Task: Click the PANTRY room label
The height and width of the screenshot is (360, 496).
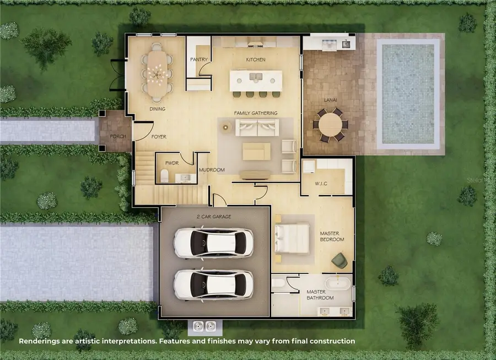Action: pyautogui.click(x=198, y=59)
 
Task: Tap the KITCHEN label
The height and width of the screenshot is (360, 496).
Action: pyautogui.click(x=255, y=60)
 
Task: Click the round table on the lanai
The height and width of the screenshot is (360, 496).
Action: pyautogui.click(x=330, y=124)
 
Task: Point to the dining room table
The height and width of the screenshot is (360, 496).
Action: pyautogui.click(x=158, y=72)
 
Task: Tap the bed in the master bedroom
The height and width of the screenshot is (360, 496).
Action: pyautogui.click(x=292, y=239)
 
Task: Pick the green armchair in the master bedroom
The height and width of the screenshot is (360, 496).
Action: pyautogui.click(x=341, y=260)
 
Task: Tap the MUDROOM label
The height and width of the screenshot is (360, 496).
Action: pyautogui.click(x=212, y=170)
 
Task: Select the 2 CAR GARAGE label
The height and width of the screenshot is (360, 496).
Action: pyautogui.click(x=214, y=217)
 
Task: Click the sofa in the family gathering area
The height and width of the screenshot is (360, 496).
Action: pyautogui.click(x=255, y=128)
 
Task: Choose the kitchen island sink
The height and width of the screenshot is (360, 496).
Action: pyautogui.click(x=257, y=76)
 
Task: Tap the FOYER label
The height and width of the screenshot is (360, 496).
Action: pyautogui.click(x=158, y=137)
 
